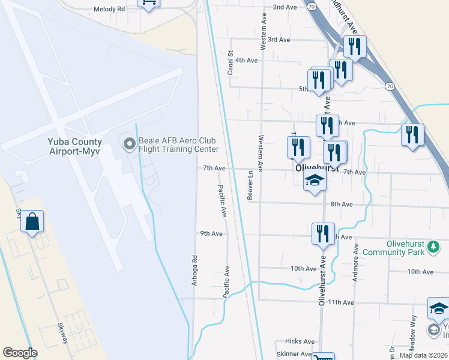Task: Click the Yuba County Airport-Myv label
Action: (75, 146)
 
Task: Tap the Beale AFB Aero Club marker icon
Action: (129, 144)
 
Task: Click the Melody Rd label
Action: (109, 10)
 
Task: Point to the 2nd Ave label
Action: (285, 7)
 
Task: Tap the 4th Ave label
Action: (246, 60)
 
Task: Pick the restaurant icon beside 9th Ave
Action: (323, 233)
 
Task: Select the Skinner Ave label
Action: (294, 354)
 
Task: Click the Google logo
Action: (20, 353)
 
